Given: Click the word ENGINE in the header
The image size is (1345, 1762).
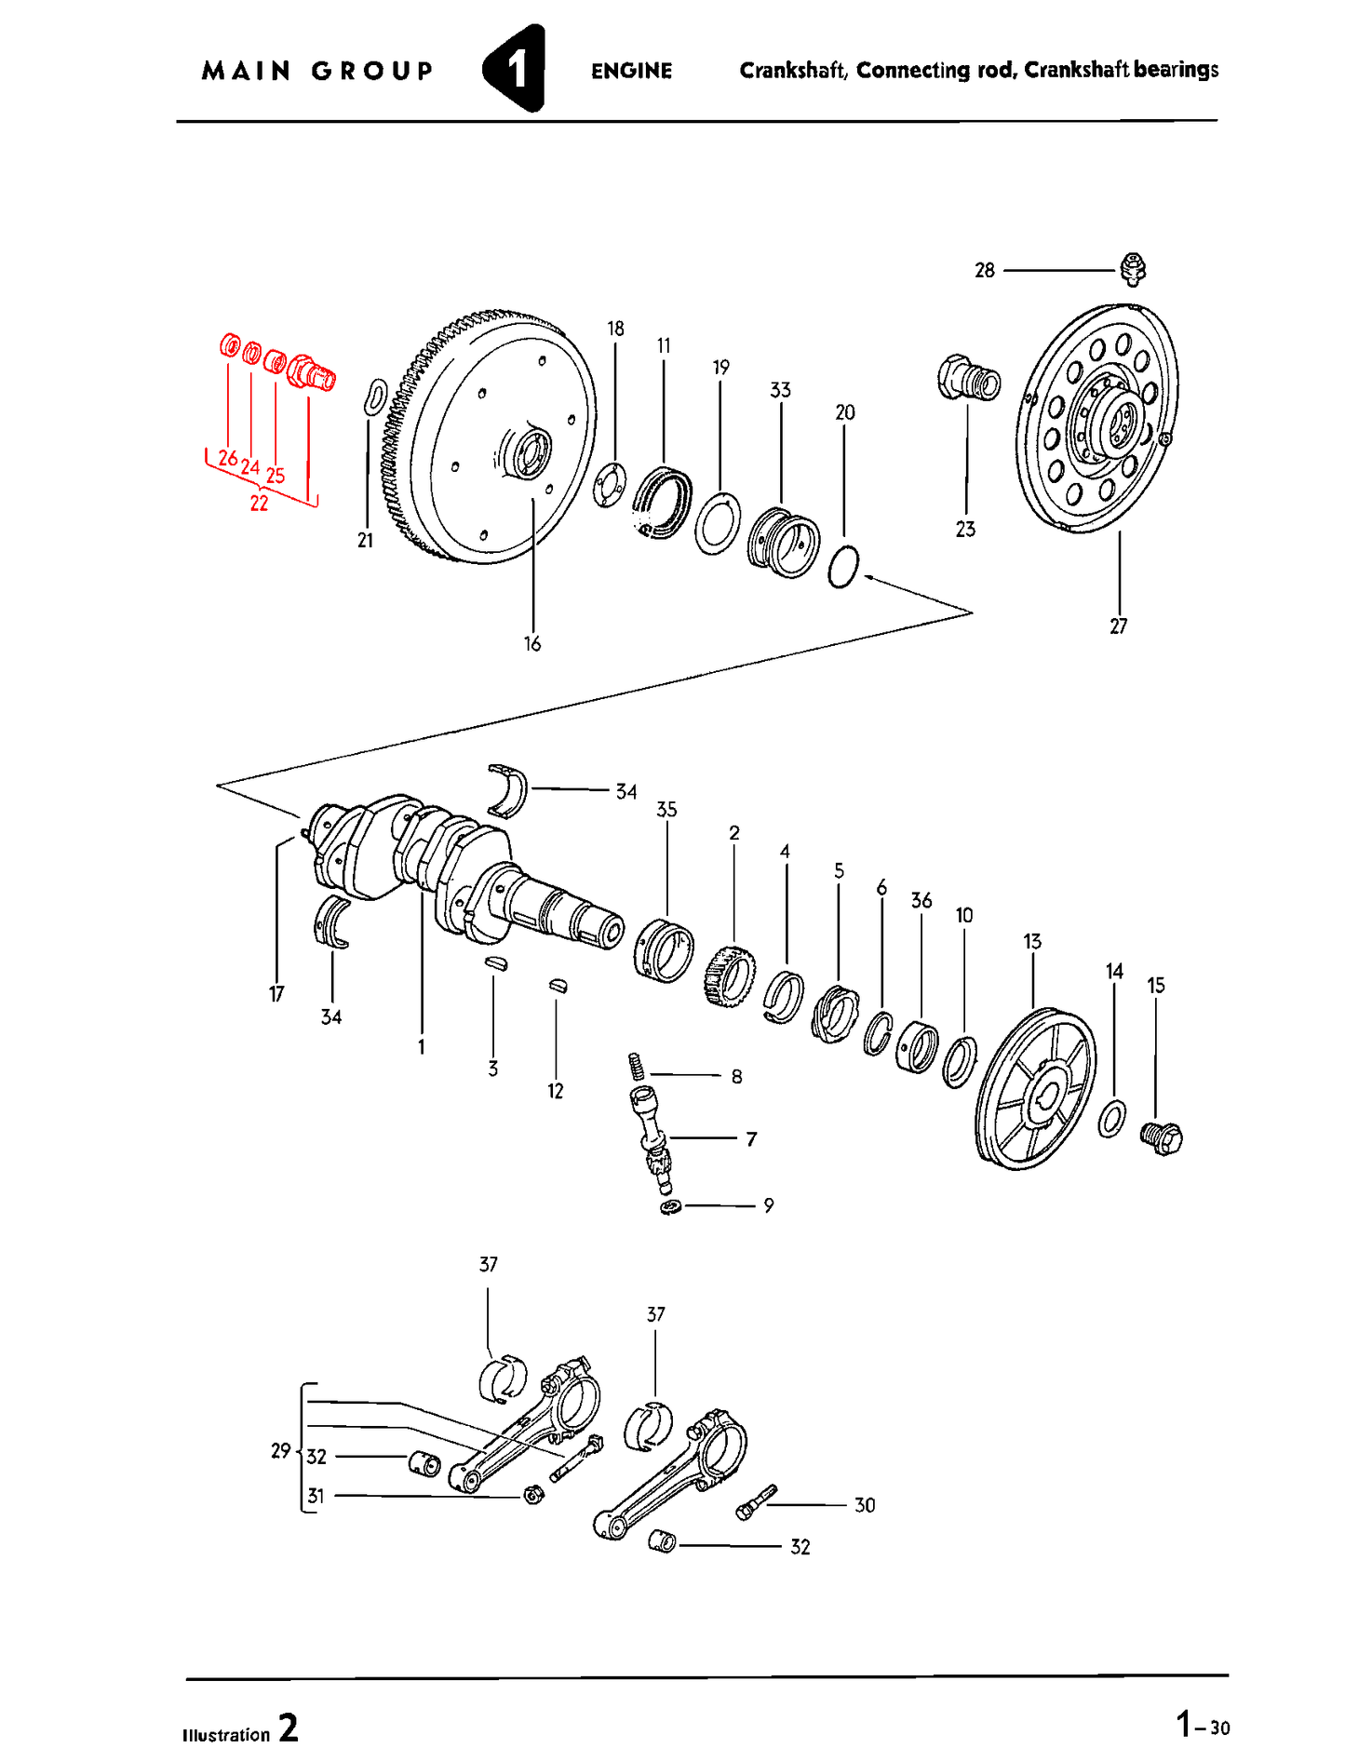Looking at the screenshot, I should (x=631, y=71).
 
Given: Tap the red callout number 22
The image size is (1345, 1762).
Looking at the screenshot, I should (x=259, y=504).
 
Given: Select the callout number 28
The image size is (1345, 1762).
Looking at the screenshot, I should (x=984, y=271).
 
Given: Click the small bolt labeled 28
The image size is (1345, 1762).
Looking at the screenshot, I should (x=1133, y=268).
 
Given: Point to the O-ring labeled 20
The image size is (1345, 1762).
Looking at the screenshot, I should (x=843, y=568).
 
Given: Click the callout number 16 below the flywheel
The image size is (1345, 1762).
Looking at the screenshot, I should (x=531, y=644).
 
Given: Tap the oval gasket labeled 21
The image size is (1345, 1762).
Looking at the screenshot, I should (x=374, y=397).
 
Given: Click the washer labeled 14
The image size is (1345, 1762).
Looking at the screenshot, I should (x=1111, y=1119).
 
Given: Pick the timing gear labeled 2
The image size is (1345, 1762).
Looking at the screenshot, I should (x=730, y=975).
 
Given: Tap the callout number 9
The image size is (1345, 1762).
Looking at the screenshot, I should (x=768, y=1205).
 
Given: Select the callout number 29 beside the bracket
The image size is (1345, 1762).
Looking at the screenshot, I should (x=280, y=1451).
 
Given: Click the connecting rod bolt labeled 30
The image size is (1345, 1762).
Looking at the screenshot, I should (x=755, y=1502).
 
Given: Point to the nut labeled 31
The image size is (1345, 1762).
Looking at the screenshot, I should (x=533, y=1495).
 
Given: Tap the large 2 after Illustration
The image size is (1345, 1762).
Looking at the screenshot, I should (x=289, y=1728).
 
